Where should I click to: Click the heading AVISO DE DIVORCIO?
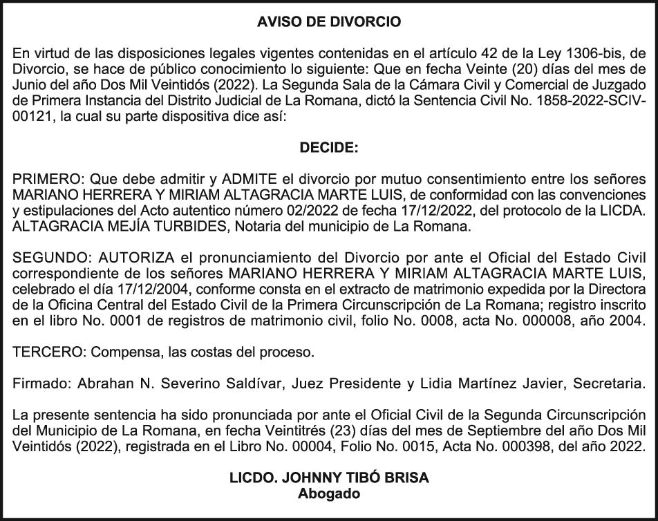tap(329, 22)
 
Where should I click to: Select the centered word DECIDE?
tap(329, 147)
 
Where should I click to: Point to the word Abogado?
tap(329, 493)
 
